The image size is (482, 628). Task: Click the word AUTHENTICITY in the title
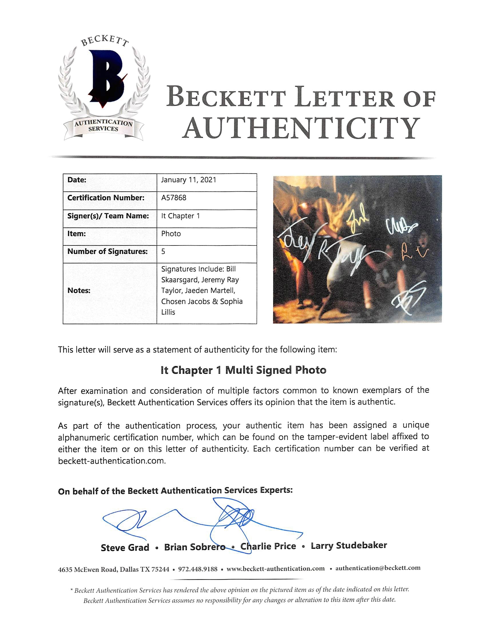tap(301, 128)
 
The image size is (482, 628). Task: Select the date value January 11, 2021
tap(189, 180)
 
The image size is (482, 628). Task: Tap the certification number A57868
tap(174, 198)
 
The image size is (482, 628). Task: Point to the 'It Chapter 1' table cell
tap(180, 216)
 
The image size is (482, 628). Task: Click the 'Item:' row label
tap(76, 233)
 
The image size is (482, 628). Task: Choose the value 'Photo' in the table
tap(171, 233)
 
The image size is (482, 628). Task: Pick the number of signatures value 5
tap(163, 251)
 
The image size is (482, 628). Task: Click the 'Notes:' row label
tap(79, 290)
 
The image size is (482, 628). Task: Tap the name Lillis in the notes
tap(168, 312)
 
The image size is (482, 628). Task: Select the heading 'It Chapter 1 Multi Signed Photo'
tap(243, 370)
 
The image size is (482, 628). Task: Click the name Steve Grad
tap(125, 547)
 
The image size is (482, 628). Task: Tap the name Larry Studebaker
tap(349, 545)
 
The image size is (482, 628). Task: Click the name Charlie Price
tap(268, 546)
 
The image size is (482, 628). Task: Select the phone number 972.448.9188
tap(198, 569)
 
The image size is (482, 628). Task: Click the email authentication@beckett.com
tap(378, 568)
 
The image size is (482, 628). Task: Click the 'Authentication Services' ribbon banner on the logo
tap(103, 126)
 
